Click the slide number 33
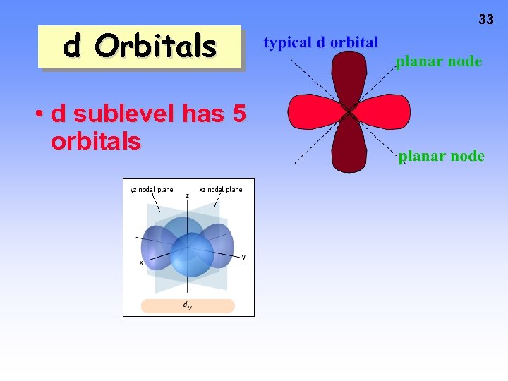tap(485, 20)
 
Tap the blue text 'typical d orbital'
tap(320, 42)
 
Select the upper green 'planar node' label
tap(438, 61)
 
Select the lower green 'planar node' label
tap(441, 156)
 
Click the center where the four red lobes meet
tap(349, 112)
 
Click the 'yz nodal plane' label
tap(152, 189)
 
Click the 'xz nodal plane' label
tap(220, 189)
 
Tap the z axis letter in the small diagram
tap(187, 195)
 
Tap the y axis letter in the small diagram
tap(243, 257)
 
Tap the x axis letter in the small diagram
tap(141, 262)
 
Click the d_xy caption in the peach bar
tap(187, 306)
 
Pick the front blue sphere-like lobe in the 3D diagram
tap(190, 255)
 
